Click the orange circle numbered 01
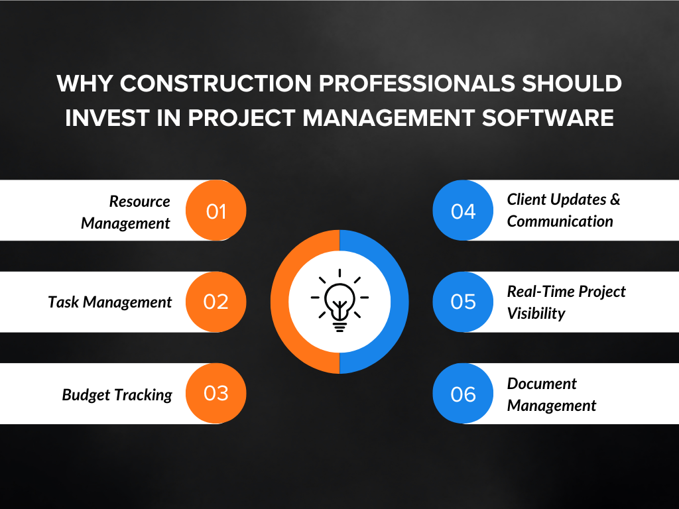coord(216,211)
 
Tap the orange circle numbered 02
coord(216,302)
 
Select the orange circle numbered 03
coord(216,394)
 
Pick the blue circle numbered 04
coord(463,211)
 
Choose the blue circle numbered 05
coord(463,302)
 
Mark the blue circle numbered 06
coord(463,394)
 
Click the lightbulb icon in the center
coord(339,302)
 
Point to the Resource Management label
coord(126,212)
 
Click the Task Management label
coord(110,302)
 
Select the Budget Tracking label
coord(117,395)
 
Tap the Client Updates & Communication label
coord(562,210)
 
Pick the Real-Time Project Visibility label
coord(566,302)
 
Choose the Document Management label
coord(551,394)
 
